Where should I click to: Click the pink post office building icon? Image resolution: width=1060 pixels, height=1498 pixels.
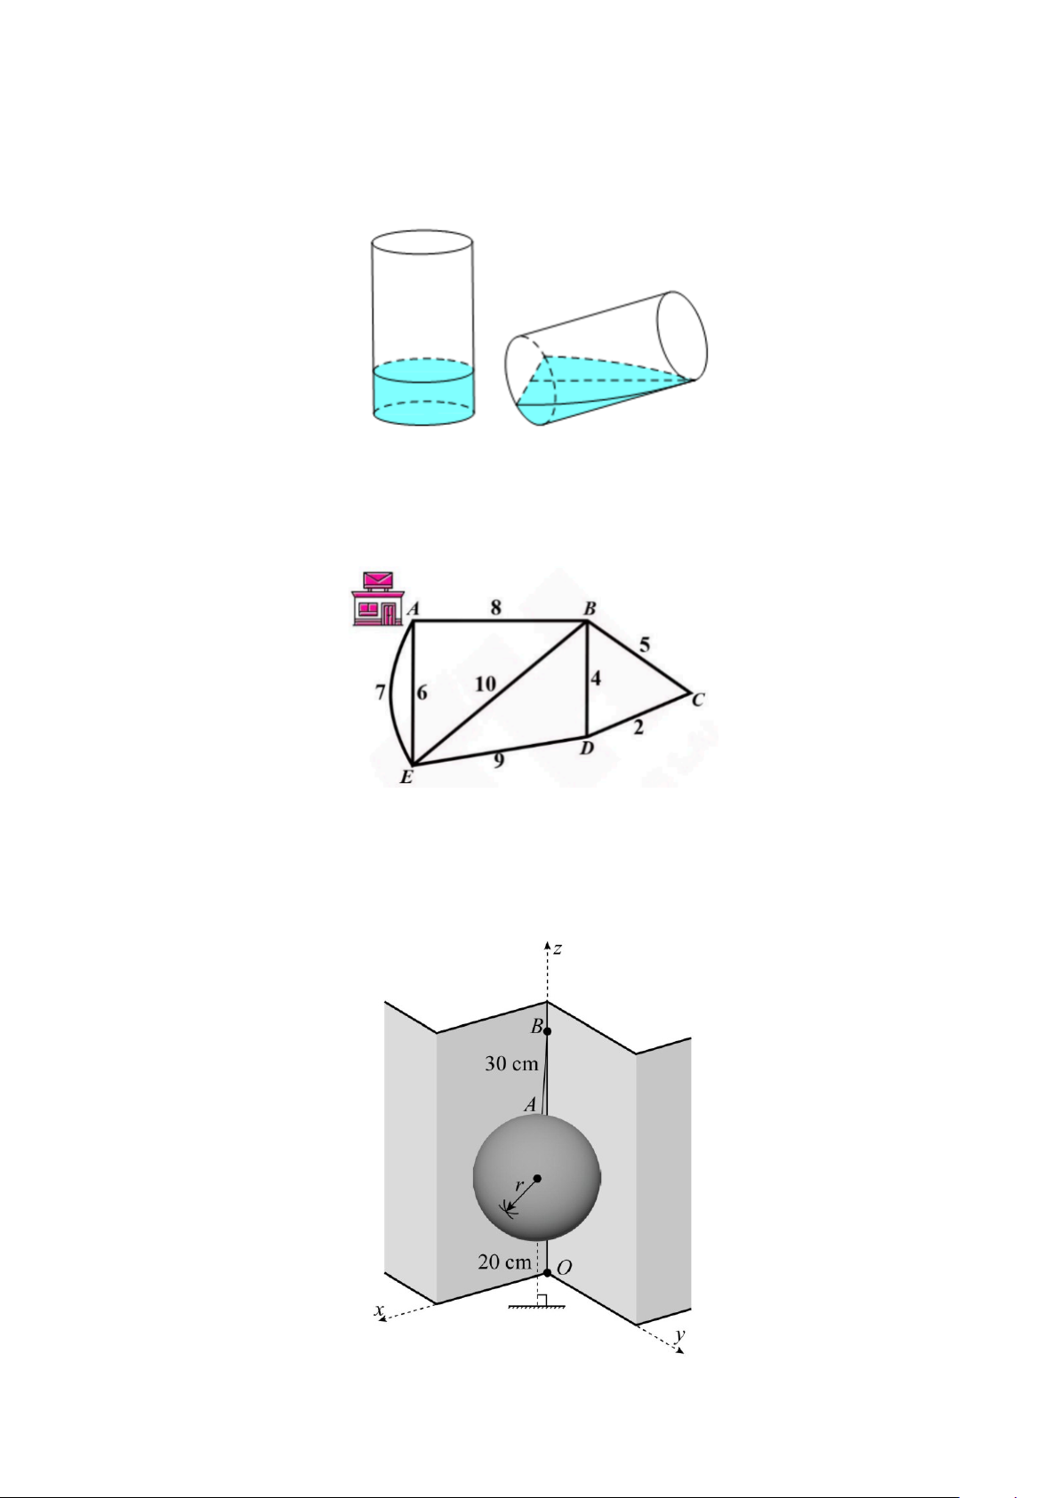pos(378,598)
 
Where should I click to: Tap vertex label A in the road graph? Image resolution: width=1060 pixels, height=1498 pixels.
pos(414,609)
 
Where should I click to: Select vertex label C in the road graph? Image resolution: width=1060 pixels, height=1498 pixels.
pos(697,701)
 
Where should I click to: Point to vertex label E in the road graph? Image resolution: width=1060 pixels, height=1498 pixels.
pos(406,777)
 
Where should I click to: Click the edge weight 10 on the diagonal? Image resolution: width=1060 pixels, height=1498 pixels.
pos(486,684)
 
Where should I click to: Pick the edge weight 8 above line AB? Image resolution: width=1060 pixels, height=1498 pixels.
pos(495,607)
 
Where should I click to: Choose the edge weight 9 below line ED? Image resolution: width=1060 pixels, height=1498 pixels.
pos(498,760)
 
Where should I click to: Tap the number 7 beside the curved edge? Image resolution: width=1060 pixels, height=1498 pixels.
pos(381,693)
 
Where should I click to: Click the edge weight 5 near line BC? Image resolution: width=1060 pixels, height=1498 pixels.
pos(644,645)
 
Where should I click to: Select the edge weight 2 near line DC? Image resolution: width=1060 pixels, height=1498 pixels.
pos(638,727)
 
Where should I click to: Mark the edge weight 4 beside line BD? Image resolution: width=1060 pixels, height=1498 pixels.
pos(595,679)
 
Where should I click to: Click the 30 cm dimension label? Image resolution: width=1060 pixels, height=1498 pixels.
pos(511,1064)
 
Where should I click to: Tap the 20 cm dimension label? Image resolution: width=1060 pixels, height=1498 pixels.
pos(505,1262)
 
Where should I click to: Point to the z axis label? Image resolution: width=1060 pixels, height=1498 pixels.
pos(557,949)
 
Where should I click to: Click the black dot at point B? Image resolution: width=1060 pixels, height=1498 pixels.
pos(547,1031)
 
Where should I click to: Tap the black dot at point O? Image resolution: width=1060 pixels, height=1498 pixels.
pos(547,1272)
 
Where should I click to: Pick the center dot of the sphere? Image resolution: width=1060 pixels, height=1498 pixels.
pos(537,1178)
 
